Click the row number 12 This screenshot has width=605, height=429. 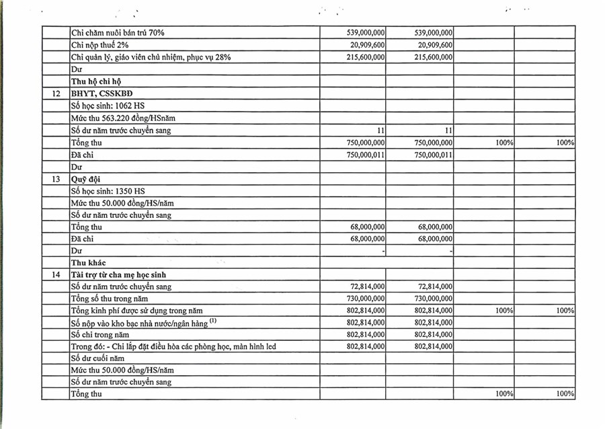pos(56,93)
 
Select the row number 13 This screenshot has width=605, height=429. pos(56,180)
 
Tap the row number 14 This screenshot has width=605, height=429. pos(56,274)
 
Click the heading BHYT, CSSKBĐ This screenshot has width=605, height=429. pos(102,93)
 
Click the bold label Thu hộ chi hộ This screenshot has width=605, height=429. pos(96,81)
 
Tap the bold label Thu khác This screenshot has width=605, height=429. pos(89,262)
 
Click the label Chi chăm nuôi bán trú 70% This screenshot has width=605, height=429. pos(118,32)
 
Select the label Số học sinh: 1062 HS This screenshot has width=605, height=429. pos(108,106)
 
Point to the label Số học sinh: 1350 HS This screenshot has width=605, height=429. pos(108,191)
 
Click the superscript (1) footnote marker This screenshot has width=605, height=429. pos(212,321)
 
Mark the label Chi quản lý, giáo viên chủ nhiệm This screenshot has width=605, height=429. pos(151,58)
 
